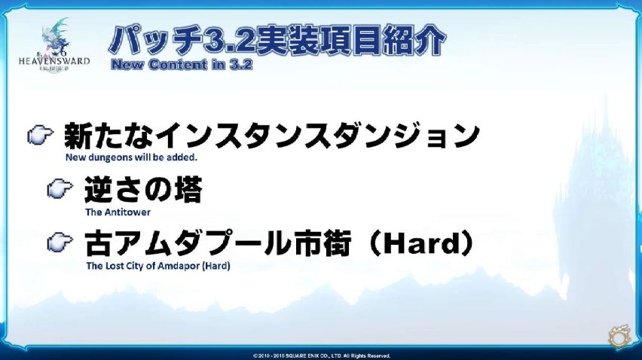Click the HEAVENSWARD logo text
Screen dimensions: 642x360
[54, 61]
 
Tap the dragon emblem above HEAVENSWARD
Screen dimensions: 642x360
[57, 36]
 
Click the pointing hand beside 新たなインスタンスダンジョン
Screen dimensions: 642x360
[40, 135]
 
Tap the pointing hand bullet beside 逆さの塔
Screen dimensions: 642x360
[60, 188]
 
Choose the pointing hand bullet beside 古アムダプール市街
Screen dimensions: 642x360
[60, 242]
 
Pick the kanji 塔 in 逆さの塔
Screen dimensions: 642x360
[188, 189]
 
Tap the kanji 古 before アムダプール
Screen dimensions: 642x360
[99, 243]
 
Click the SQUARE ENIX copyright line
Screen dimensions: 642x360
[322, 356]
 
